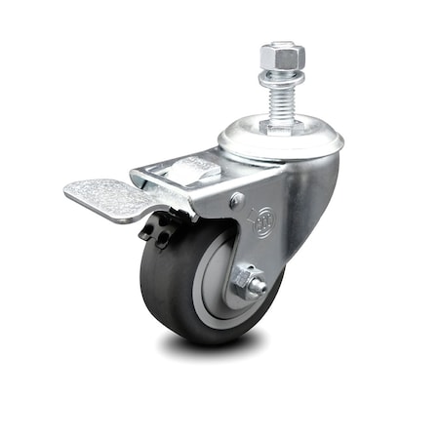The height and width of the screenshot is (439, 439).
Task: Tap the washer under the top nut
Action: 281,76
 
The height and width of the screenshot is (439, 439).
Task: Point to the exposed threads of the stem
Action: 281,98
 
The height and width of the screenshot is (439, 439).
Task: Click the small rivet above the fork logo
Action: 237,200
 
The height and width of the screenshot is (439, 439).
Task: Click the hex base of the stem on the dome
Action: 281,124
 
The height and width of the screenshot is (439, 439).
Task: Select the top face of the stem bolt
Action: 281,46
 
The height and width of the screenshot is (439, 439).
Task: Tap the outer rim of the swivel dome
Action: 336,146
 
